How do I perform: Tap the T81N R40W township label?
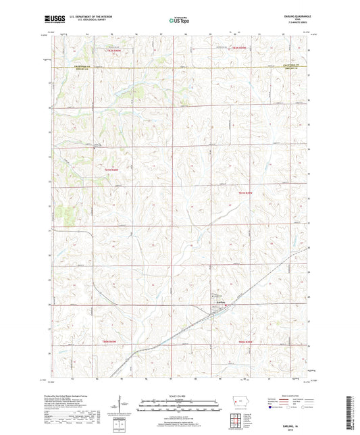coord(112,169)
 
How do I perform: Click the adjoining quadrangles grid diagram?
coord(241,419)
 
